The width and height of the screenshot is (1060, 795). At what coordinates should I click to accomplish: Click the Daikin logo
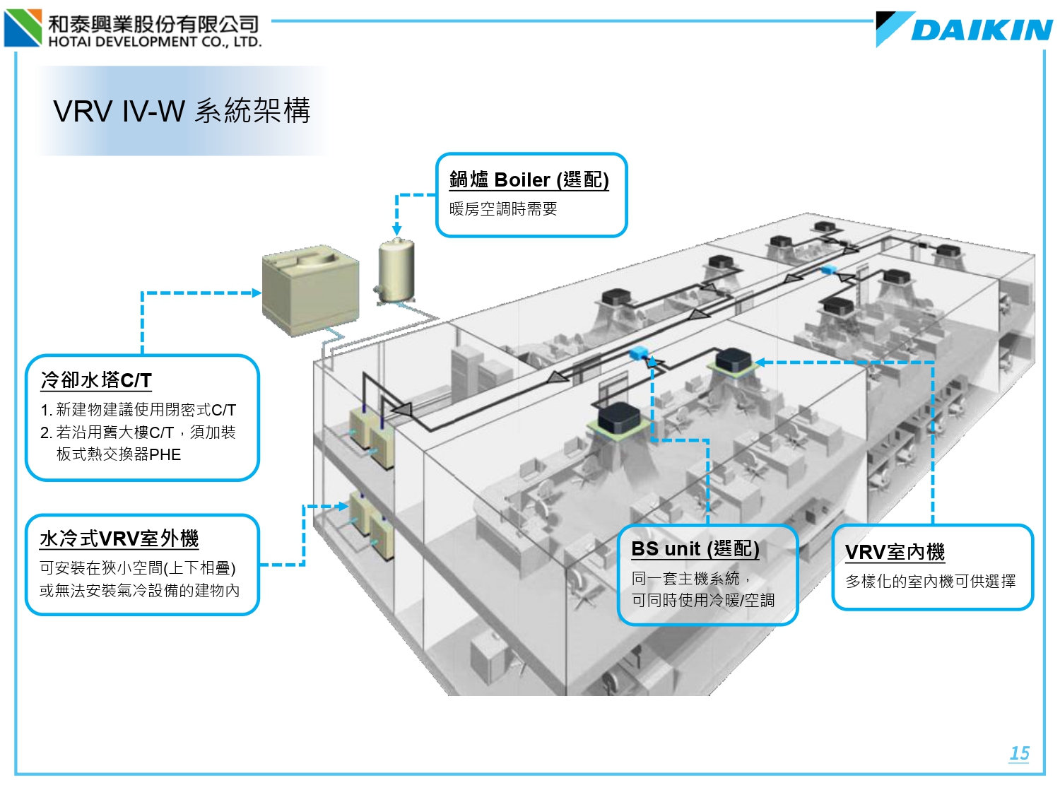[x=965, y=30]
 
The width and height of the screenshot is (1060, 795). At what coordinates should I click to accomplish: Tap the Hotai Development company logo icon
[x=23, y=28]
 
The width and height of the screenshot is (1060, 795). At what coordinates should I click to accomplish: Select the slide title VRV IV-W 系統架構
[x=182, y=111]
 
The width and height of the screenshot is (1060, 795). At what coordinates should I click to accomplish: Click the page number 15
[x=1019, y=753]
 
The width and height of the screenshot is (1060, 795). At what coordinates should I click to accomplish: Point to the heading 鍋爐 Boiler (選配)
[x=529, y=179]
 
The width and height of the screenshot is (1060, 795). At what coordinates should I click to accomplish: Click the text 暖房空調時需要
[x=503, y=209]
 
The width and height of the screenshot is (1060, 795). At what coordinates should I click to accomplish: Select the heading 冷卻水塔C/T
[x=96, y=380]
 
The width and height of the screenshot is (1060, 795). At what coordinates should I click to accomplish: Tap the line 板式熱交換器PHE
[x=119, y=454]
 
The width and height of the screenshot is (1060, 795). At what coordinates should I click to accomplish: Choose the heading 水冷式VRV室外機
[x=119, y=538]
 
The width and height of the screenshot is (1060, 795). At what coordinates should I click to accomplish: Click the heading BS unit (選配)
[x=695, y=548]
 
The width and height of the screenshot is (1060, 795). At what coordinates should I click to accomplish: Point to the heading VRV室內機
[x=895, y=552]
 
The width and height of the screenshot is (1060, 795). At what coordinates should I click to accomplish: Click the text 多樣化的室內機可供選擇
[x=931, y=581]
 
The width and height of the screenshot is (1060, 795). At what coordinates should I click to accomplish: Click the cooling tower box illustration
[x=309, y=290]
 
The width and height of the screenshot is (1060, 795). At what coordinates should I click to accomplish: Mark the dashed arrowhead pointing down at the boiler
[x=397, y=230]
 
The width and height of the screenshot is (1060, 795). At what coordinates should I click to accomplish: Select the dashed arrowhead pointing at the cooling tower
[x=257, y=293]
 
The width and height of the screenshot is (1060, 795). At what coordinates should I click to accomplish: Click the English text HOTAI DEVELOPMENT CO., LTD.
[x=155, y=42]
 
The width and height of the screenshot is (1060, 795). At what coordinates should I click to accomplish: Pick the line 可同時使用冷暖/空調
[x=703, y=600]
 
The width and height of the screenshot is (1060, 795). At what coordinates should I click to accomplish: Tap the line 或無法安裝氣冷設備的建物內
[x=139, y=590]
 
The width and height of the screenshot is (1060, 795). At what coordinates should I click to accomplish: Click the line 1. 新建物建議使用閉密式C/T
[x=139, y=410]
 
